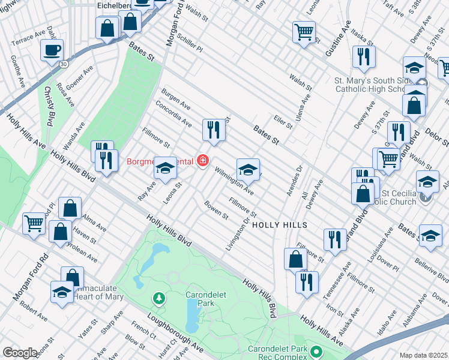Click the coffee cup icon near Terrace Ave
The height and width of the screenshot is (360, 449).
52,50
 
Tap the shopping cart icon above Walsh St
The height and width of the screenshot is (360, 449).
304,31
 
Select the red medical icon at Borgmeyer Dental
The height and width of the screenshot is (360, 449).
203,160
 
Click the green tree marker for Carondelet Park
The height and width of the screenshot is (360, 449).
158,298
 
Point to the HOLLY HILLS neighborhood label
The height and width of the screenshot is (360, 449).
279,225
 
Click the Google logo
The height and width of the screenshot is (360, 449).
20,353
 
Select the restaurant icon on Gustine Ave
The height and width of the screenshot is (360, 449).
364,56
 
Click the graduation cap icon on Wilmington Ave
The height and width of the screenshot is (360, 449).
248,170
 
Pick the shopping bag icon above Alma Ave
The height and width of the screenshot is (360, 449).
70,208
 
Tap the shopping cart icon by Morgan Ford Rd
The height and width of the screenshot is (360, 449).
34,223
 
